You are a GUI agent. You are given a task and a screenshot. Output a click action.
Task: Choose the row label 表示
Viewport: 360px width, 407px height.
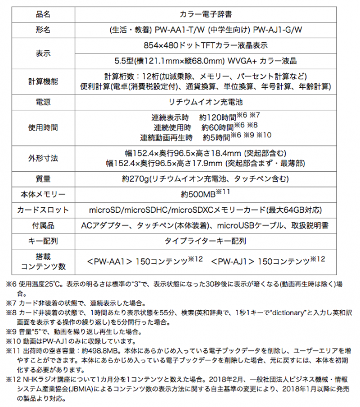click(43, 52)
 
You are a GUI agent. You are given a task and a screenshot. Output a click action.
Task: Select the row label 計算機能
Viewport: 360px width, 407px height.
click(43, 82)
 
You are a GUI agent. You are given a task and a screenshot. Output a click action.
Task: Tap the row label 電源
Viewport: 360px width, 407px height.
click(43, 102)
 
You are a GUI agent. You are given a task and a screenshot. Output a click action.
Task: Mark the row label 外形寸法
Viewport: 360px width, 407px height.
click(43, 158)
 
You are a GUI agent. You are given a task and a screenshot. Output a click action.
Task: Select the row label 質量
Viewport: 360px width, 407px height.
click(43, 179)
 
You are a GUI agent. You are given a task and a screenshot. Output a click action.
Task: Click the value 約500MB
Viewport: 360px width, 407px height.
click(200, 195)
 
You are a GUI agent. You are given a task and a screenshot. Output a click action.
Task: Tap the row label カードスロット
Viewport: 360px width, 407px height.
click(43, 210)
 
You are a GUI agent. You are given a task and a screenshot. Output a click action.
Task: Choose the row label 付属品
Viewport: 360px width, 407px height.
click(43, 226)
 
